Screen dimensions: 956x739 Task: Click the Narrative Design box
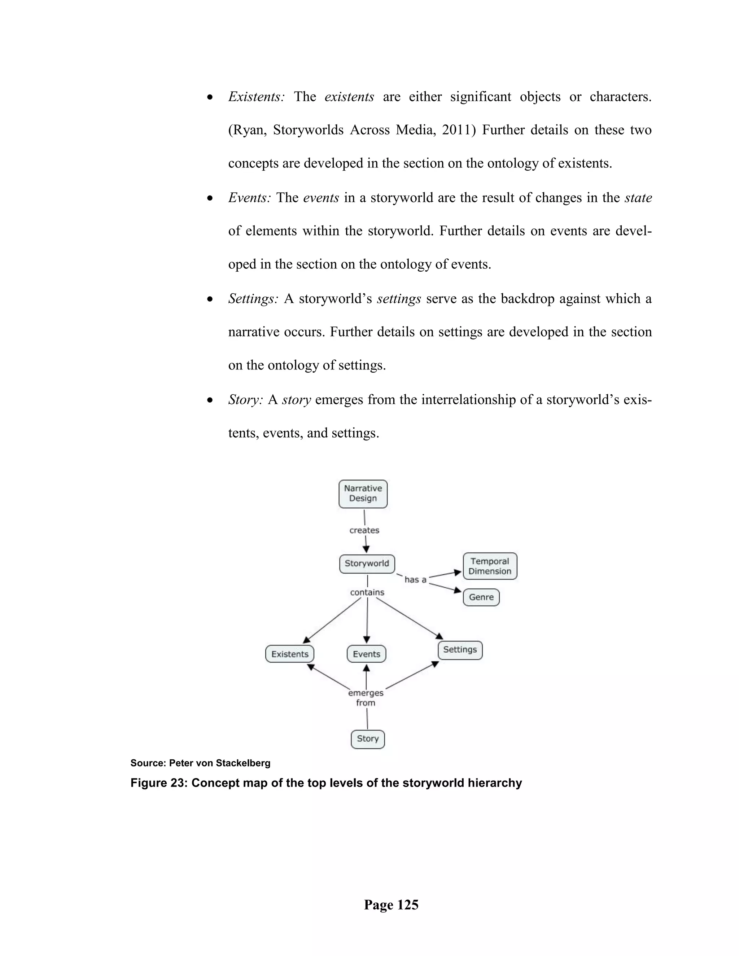pyautogui.click(x=363, y=494)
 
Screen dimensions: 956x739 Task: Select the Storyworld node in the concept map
pyautogui.click(x=367, y=564)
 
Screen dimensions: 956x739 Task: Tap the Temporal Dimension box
pyautogui.click(x=490, y=566)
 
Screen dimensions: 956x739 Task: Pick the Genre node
pyautogui.click(x=481, y=597)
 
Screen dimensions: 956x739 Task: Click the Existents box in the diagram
pyautogui.click(x=290, y=654)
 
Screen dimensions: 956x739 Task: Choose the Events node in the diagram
pyautogui.click(x=367, y=654)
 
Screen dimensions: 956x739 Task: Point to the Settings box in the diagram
pyautogui.click(x=460, y=650)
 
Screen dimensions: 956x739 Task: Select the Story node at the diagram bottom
pyautogui.click(x=368, y=739)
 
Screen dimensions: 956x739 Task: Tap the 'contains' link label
pyautogui.click(x=367, y=593)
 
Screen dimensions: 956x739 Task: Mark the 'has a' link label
pyautogui.click(x=415, y=580)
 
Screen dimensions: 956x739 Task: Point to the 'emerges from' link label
pyautogui.click(x=366, y=698)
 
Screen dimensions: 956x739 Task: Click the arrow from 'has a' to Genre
pyautogui.click(x=445, y=587)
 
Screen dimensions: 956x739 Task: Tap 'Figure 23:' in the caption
pyautogui.click(x=158, y=783)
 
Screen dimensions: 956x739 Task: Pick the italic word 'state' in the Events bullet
pyautogui.click(x=638, y=198)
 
